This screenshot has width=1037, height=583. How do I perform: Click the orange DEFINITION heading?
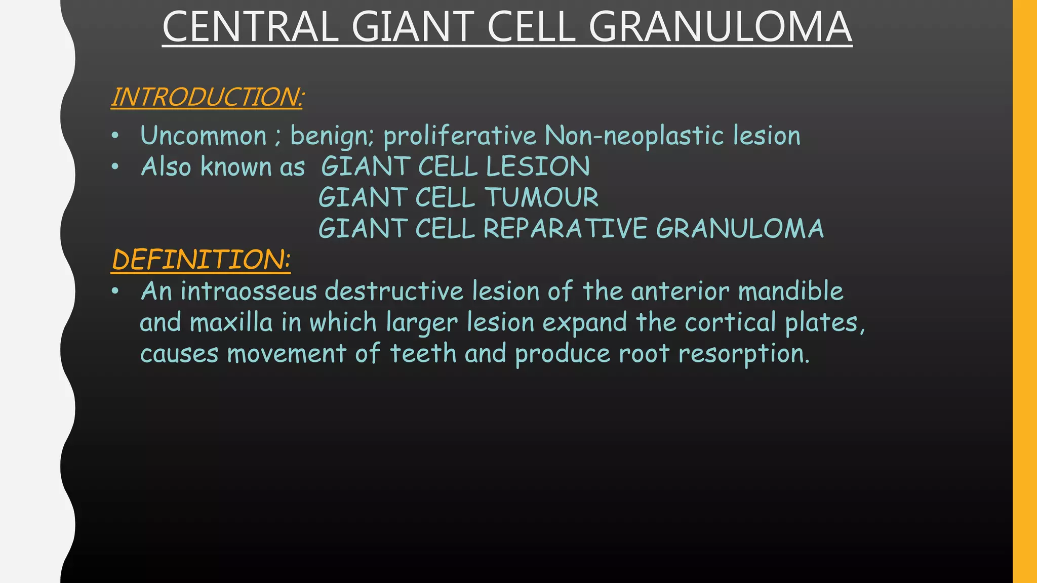201,259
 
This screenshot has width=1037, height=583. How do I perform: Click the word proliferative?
459,136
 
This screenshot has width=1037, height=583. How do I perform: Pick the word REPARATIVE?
565,228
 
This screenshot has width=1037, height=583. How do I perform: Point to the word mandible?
790,291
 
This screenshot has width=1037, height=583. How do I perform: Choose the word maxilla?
231,322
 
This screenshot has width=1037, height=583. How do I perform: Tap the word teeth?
423,353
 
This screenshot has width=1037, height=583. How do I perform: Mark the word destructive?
394,291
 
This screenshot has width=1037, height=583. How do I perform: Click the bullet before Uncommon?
115,136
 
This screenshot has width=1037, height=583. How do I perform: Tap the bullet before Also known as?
115,166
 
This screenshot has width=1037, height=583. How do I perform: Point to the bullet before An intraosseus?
115,291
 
